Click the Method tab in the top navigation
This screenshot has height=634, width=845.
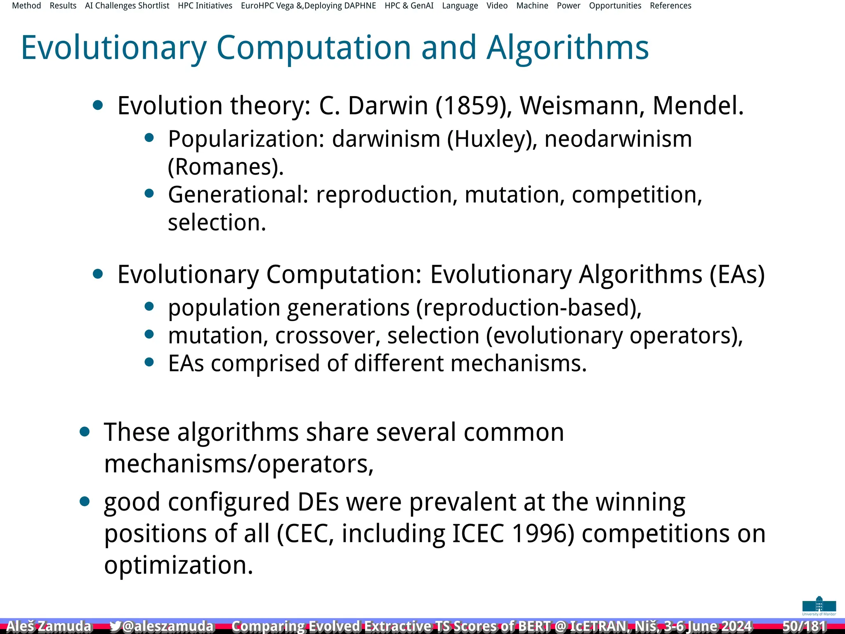pos(26,6)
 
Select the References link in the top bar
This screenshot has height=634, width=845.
pos(670,6)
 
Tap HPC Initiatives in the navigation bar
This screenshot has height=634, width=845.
pos(205,6)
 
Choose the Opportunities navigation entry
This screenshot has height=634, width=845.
pos(615,6)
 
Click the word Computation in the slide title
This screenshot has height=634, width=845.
pos(314,48)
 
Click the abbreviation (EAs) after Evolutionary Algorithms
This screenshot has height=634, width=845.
pos(737,274)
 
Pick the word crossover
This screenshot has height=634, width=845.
pos(327,336)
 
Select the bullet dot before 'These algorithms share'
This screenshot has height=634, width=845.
pos(85,432)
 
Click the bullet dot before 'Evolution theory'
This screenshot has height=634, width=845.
pos(98,105)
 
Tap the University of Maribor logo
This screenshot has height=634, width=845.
pos(819,606)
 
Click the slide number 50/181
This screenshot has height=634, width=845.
pos(804,626)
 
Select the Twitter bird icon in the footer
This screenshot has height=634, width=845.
pos(115,626)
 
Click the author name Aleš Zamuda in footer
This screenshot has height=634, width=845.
pos(49,626)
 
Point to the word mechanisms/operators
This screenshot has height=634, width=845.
pos(238,464)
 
